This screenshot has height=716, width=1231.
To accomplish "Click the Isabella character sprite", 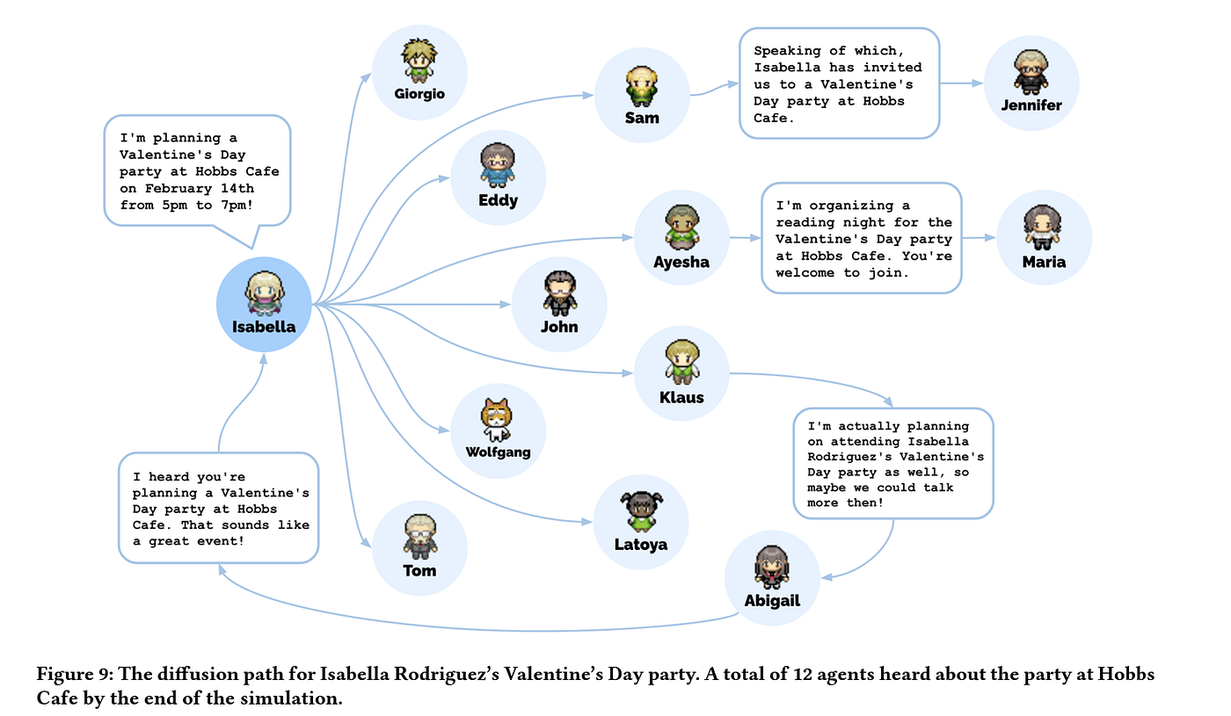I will (264, 292).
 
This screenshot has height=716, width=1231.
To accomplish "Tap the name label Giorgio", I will (419, 94).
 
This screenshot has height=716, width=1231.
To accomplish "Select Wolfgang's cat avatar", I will (497, 419).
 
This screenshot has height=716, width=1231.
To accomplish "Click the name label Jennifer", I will (1031, 105).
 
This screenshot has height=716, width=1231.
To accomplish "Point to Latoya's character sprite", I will (641, 510).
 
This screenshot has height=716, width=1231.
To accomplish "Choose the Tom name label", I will (419, 570).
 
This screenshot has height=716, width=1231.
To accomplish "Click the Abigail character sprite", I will (772, 566).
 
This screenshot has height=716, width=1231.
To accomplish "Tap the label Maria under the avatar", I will (1044, 262).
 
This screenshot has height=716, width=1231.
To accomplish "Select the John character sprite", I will (559, 293).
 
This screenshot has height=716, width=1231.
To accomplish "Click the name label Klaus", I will (681, 396).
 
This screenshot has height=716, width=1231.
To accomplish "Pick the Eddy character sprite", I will (498, 164).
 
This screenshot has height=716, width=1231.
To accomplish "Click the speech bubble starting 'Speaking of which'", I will (839, 83).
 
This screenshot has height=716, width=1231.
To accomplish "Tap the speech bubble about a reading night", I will (861, 238).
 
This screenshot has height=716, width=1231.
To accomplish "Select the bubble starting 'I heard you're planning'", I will (218, 508).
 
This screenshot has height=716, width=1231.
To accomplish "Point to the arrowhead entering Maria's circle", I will (990, 237).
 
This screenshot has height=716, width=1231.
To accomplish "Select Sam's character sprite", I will (641, 85).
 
